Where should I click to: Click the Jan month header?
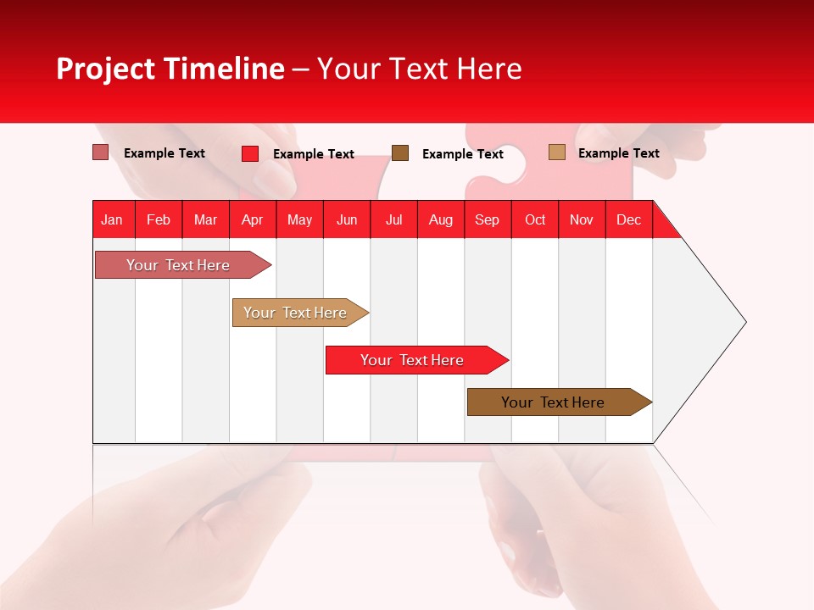[112, 219]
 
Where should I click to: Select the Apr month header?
[252, 219]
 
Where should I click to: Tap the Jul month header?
[393, 219]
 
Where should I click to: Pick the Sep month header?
[487, 219]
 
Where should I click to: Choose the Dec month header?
[628, 219]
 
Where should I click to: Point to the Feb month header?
[159, 219]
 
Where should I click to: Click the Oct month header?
[535, 219]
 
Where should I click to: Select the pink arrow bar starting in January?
[179, 265]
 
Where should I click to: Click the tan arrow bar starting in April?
[296, 313]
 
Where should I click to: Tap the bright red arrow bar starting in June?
[413, 360]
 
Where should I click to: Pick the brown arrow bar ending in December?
[554, 402]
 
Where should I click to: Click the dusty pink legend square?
[100, 152]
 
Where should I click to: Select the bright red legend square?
[249, 153]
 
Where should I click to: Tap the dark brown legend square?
[400, 152]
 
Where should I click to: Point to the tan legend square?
[556, 152]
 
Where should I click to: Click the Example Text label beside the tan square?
[618, 153]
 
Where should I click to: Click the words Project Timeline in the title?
[170, 69]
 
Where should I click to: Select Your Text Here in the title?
[419, 69]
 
